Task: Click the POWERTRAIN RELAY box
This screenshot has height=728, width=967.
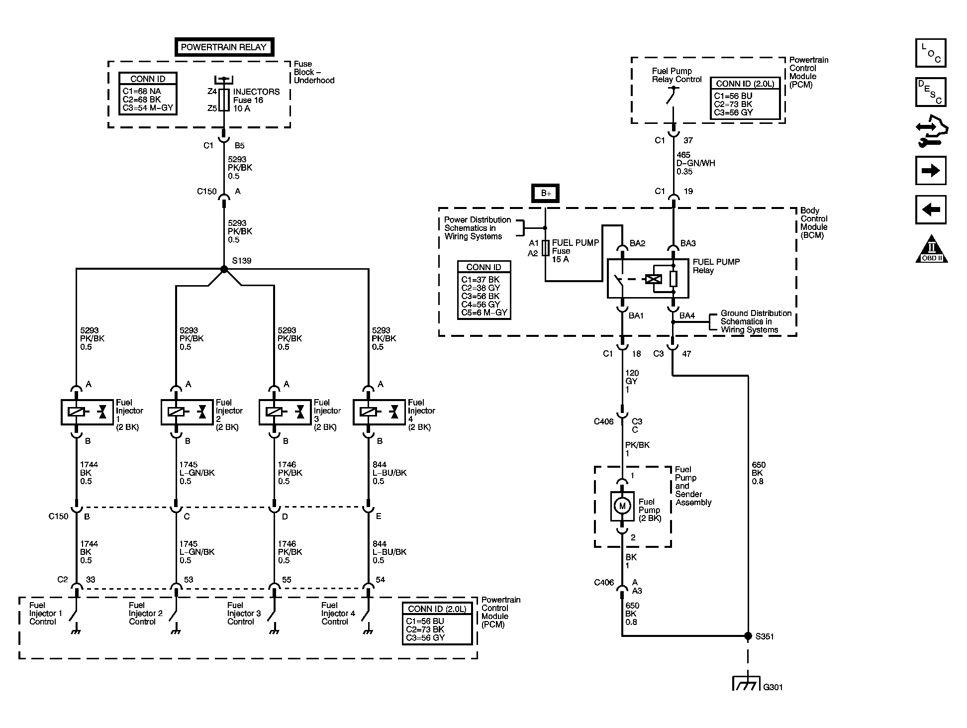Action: (x=224, y=47)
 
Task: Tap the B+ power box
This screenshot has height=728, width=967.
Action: (x=546, y=193)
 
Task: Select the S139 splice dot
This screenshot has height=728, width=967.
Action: (x=224, y=269)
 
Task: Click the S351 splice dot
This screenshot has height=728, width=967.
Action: (x=748, y=636)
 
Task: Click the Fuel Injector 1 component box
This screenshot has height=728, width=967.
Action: (x=88, y=412)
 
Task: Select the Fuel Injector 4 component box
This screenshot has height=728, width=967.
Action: (x=380, y=412)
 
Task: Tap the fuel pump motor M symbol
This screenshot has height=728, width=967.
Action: (x=622, y=506)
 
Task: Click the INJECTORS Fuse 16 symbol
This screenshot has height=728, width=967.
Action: (x=224, y=100)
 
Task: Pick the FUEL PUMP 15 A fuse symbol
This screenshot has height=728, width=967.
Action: (x=546, y=248)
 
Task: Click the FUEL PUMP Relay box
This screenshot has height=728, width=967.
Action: (x=648, y=279)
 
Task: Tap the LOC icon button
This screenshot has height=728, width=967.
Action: (x=931, y=53)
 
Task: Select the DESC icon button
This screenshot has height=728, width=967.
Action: (x=931, y=92)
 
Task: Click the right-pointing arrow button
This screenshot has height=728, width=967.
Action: (x=931, y=171)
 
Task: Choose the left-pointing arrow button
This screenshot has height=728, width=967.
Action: (x=931, y=209)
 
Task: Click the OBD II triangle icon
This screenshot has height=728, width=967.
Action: (x=931, y=249)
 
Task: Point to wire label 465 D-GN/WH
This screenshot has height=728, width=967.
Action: (x=695, y=163)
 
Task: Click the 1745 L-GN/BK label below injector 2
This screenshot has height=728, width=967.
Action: (x=196, y=473)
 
